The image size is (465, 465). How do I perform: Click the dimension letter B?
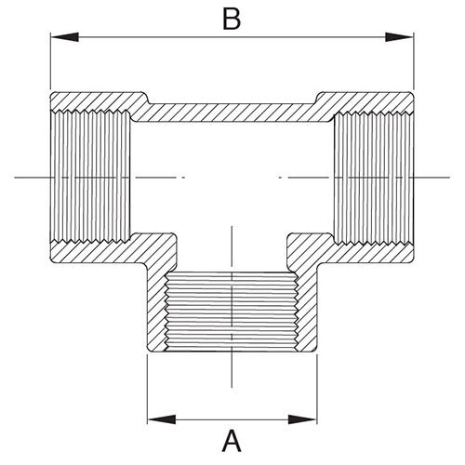[232, 20]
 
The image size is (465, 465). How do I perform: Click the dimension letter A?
[232, 441]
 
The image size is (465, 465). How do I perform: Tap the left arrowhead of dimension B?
[64, 37]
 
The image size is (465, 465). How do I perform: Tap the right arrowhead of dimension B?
[399, 37]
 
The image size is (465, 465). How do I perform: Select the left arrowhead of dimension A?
[162, 419]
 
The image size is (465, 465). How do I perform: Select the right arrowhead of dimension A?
[302, 419]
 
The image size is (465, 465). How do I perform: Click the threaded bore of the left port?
[90, 177]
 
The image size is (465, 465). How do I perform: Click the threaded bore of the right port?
[374, 179]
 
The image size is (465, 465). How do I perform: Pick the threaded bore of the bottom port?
[232, 312]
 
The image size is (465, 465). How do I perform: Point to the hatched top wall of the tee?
[232, 113]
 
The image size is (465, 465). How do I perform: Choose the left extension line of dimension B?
[50, 60]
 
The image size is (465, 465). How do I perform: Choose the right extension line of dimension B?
[414, 60]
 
